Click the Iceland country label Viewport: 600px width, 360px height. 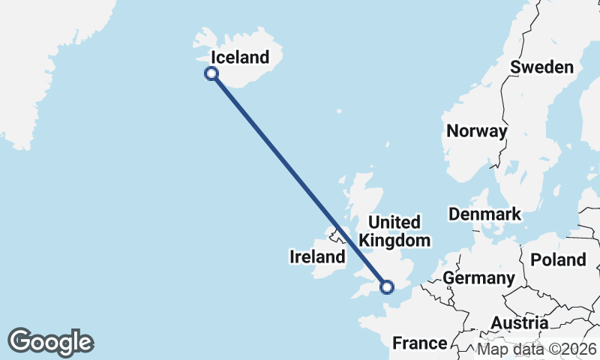pos(239,57)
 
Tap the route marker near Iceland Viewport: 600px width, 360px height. pos(211,73)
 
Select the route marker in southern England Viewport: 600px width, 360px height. pos(387,286)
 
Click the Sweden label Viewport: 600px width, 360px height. pos(541,67)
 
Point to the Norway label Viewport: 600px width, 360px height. pos(476,130)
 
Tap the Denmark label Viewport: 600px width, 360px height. pos(484,214)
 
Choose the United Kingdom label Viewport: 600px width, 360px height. pos(395,231)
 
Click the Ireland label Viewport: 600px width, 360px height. pos(317,257)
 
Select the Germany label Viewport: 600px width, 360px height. pos(478,278)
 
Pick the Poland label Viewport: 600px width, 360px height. pos(558,260)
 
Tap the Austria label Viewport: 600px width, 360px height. pos(519,323)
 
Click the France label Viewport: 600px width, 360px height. pos(420,343)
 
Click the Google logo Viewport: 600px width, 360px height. pos(50,342)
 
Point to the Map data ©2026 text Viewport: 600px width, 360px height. pos(537,349)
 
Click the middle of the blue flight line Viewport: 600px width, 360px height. pos(299,180)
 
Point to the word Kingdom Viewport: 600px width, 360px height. pos(395,240)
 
